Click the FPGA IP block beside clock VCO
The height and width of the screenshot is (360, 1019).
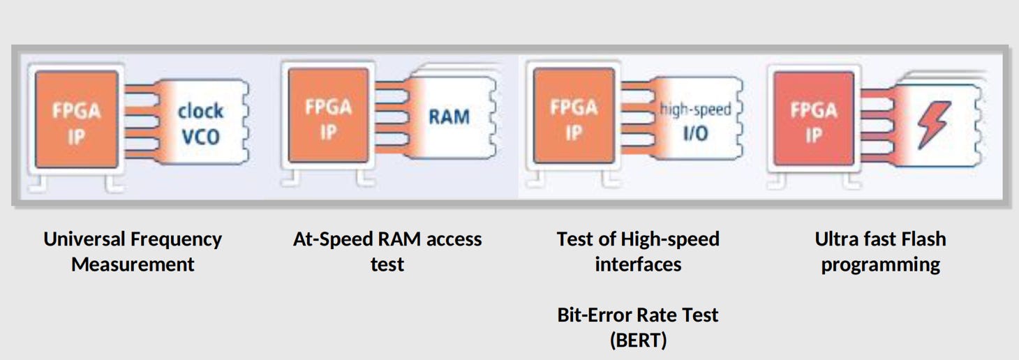(x=76, y=121)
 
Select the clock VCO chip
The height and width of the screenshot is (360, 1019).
(x=200, y=123)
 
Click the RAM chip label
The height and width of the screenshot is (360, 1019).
(x=449, y=117)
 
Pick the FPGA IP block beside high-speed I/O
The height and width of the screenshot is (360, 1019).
(x=574, y=117)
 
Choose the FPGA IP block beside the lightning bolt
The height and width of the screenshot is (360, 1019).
(x=813, y=121)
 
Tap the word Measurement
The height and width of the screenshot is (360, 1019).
(x=133, y=264)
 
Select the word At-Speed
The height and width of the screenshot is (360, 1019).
(x=332, y=239)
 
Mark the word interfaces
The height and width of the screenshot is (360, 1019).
(x=638, y=264)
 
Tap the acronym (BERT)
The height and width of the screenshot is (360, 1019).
(x=638, y=340)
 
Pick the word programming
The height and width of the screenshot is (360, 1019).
(x=880, y=264)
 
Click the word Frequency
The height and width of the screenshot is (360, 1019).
(x=179, y=239)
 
